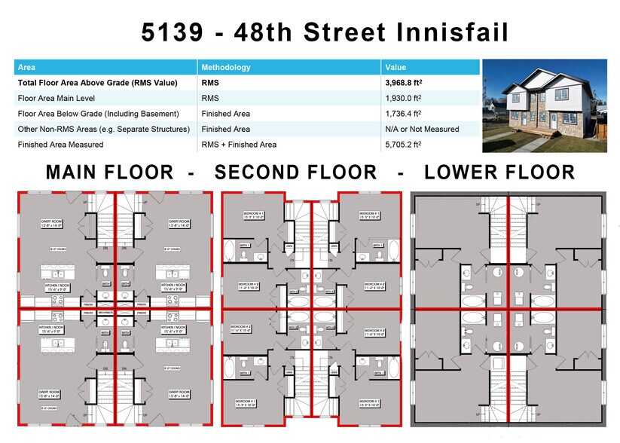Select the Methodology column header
[x=226, y=68]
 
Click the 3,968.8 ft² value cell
[x=406, y=83]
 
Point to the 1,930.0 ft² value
[x=406, y=98]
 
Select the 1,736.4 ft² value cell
[x=406, y=114]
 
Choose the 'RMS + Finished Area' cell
[x=238, y=144]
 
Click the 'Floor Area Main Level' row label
[x=55, y=98]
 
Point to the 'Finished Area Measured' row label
[x=60, y=144]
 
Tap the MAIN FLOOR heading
[x=116, y=172]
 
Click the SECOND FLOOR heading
[x=295, y=172]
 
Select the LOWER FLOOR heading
[x=499, y=172]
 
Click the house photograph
[x=543, y=105]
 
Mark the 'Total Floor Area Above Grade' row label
[x=97, y=83]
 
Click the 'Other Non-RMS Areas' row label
[x=103, y=129]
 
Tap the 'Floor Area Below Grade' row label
[x=98, y=114]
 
